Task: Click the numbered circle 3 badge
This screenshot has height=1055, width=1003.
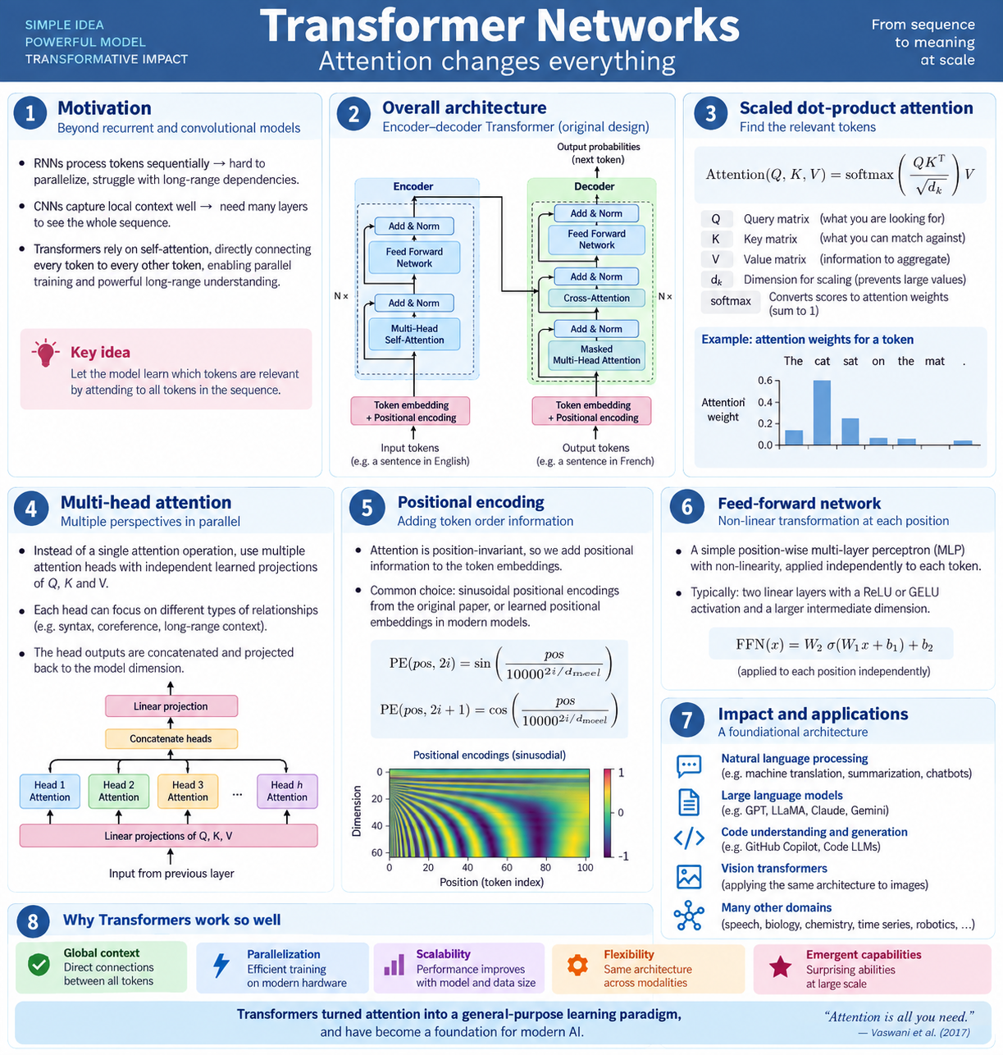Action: click(710, 114)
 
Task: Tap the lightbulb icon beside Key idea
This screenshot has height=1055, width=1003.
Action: click(46, 353)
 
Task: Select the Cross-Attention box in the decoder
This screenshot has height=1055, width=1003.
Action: click(596, 298)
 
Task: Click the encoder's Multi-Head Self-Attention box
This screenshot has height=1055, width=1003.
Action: click(414, 334)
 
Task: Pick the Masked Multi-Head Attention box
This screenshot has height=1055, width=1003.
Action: click(596, 354)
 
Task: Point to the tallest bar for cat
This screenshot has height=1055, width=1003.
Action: click(822, 412)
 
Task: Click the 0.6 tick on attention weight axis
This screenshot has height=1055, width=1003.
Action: click(765, 381)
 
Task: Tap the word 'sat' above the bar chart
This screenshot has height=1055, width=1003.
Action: click(850, 361)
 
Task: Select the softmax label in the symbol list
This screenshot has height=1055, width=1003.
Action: click(731, 301)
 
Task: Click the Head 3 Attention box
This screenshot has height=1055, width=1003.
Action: click(187, 791)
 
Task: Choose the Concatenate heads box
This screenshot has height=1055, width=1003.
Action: click(171, 738)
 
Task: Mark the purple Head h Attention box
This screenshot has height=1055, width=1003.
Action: click(287, 791)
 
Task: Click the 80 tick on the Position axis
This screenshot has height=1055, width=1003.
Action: click(545, 868)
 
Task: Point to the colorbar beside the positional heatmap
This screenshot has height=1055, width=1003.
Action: click(608, 813)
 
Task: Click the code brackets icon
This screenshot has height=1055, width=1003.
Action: click(689, 838)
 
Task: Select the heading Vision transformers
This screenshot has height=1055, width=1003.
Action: click(774, 868)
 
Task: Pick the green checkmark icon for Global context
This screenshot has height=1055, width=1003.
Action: click(39, 965)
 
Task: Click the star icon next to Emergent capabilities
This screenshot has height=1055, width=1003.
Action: click(780, 966)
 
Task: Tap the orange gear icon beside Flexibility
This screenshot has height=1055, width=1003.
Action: click(577, 965)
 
